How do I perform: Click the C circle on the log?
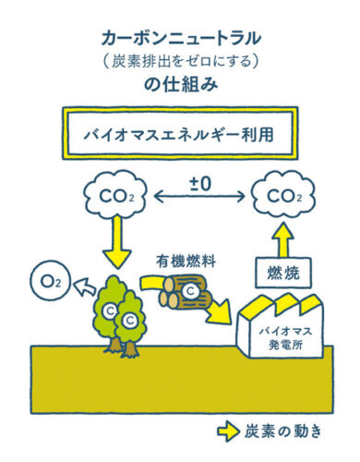190,292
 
